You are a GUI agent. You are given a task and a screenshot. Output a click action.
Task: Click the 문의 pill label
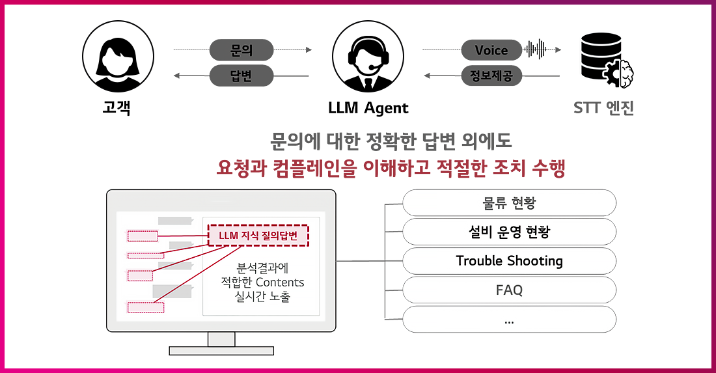tap(241, 49)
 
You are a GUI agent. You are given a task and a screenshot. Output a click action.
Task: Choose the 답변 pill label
tap(241, 76)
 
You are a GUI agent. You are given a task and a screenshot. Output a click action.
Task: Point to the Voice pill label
tap(491, 50)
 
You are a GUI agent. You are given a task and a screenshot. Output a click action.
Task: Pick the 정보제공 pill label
tap(491, 76)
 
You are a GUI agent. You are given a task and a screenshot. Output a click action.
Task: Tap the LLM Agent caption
tap(368, 108)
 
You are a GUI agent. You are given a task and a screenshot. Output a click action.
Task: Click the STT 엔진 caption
tap(603, 108)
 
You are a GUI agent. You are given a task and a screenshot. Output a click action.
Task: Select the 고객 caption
tap(117, 108)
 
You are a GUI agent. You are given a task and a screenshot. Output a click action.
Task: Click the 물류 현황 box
tap(509, 202)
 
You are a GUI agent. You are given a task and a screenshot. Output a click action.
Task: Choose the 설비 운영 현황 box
tap(509, 232)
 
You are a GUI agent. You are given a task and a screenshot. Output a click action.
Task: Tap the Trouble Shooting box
tap(509, 261)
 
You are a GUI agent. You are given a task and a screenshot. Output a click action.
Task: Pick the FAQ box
tap(509, 290)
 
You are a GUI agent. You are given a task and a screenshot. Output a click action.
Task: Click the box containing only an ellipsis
tap(509, 320)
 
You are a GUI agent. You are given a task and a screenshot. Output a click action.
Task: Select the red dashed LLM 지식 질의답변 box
tap(258, 236)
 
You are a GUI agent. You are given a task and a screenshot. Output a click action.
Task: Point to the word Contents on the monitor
tap(280, 283)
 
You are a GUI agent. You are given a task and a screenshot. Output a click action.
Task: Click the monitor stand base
tap(221, 350)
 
